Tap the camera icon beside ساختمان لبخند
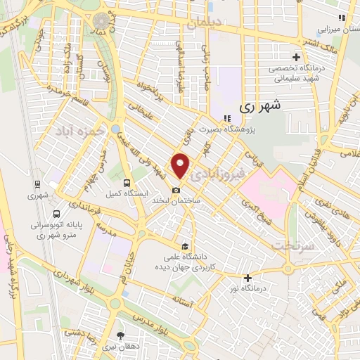tap(176, 190)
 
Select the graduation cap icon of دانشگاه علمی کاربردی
tap(185, 246)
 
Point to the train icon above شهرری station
tap(37, 185)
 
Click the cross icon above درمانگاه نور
tap(247, 278)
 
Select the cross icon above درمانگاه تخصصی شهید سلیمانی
tap(297, 58)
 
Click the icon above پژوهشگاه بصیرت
tap(226, 119)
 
